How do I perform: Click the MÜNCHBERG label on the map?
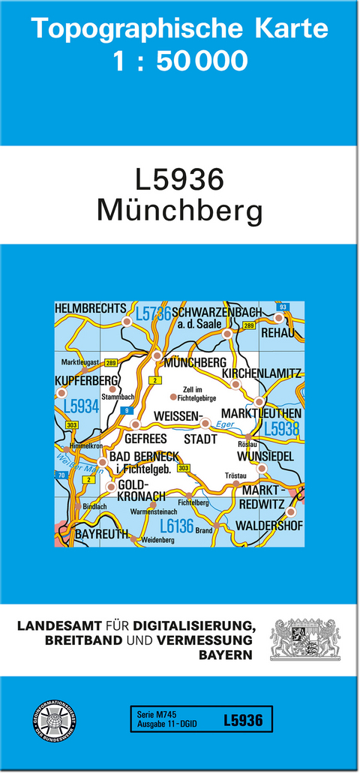point(195,362)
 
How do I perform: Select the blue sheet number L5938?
point(281,429)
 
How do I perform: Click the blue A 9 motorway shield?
point(127,409)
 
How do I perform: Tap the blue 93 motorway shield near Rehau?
point(282,307)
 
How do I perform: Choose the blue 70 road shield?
point(60,475)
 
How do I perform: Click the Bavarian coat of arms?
point(305,638)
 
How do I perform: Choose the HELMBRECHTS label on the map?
point(90,308)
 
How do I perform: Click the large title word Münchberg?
point(179,211)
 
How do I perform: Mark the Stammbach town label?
point(118,397)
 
